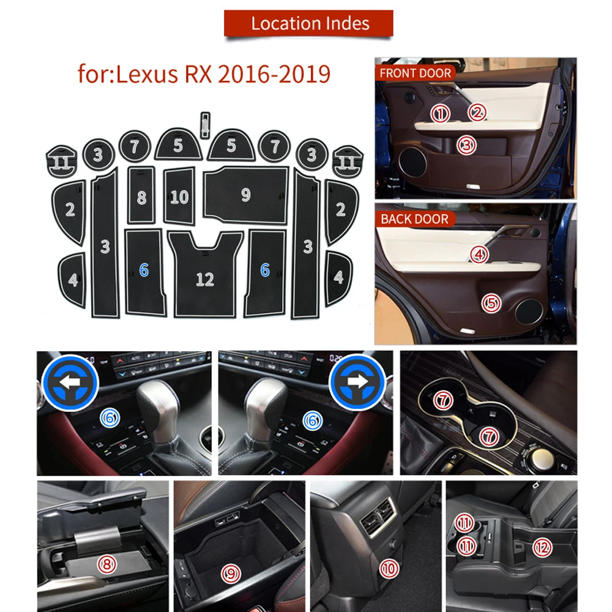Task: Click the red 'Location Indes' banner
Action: pyautogui.click(x=310, y=24)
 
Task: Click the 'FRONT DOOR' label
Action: pyautogui.click(x=415, y=73)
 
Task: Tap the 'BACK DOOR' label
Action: pyautogui.click(x=414, y=219)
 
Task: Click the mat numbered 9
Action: pyautogui.click(x=245, y=195)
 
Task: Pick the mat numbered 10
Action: pyautogui.click(x=179, y=196)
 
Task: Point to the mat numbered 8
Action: pyautogui.click(x=141, y=196)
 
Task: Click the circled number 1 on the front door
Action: pyautogui.click(x=440, y=113)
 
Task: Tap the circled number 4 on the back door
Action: pyautogui.click(x=479, y=254)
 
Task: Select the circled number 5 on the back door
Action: pyautogui.click(x=490, y=302)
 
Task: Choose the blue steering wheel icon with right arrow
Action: pyautogui.click(x=357, y=381)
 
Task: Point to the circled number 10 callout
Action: pyautogui.click(x=389, y=569)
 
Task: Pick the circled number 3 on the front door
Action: pyautogui.click(x=467, y=145)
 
